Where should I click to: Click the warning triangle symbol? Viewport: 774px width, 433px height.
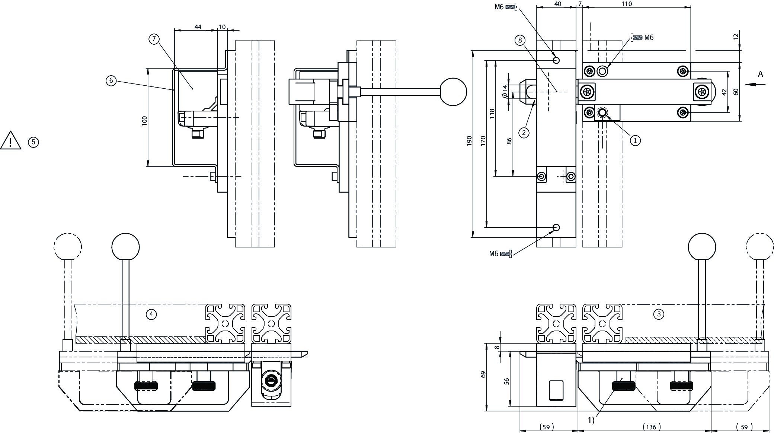click(11, 141)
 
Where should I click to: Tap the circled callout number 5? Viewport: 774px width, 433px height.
click(33, 142)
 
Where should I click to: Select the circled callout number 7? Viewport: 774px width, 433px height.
click(154, 39)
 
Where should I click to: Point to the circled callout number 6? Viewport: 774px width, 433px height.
click(111, 80)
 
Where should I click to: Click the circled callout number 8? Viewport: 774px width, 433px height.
click(520, 40)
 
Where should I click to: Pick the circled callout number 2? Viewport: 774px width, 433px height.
click(524, 132)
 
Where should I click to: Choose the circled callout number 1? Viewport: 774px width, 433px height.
click(635, 140)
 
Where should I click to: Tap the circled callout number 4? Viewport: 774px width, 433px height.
click(151, 315)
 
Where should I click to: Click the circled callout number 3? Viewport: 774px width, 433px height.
click(659, 315)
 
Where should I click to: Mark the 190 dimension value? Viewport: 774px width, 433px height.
click(469, 141)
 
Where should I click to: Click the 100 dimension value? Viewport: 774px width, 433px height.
click(145, 120)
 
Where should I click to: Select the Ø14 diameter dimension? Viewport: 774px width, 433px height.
click(505, 91)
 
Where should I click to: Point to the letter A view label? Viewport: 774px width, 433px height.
click(760, 75)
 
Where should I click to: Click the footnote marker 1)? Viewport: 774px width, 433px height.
click(591, 420)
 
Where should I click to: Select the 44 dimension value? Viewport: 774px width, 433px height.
click(198, 27)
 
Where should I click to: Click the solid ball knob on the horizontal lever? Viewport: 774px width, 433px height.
click(453, 91)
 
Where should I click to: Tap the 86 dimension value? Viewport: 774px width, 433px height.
click(509, 141)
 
